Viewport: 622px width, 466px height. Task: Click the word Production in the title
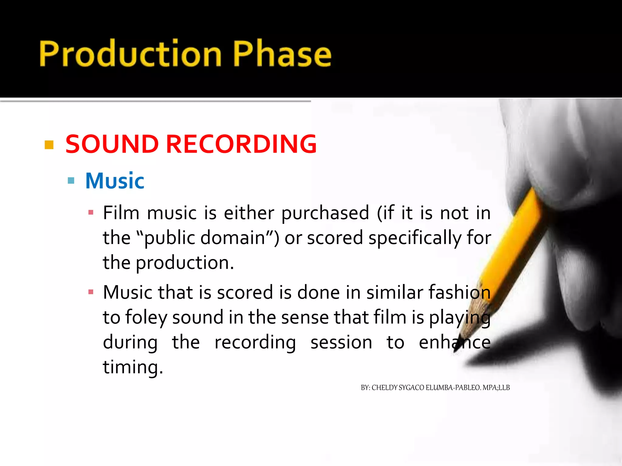pyautogui.click(x=131, y=54)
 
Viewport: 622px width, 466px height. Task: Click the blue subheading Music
pyautogui.click(x=114, y=181)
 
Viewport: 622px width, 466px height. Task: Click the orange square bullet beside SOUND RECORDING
pyautogui.click(x=49, y=145)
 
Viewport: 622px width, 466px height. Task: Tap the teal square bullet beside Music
pyautogui.click(x=71, y=181)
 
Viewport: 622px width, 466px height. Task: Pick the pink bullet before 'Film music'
pyautogui.click(x=91, y=212)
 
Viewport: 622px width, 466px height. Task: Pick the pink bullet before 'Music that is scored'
pyautogui.click(x=91, y=292)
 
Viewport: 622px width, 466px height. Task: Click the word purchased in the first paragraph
pyautogui.click(x=325, y=213)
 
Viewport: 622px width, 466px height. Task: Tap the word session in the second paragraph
pyautogui.click(x=341, y=343)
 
